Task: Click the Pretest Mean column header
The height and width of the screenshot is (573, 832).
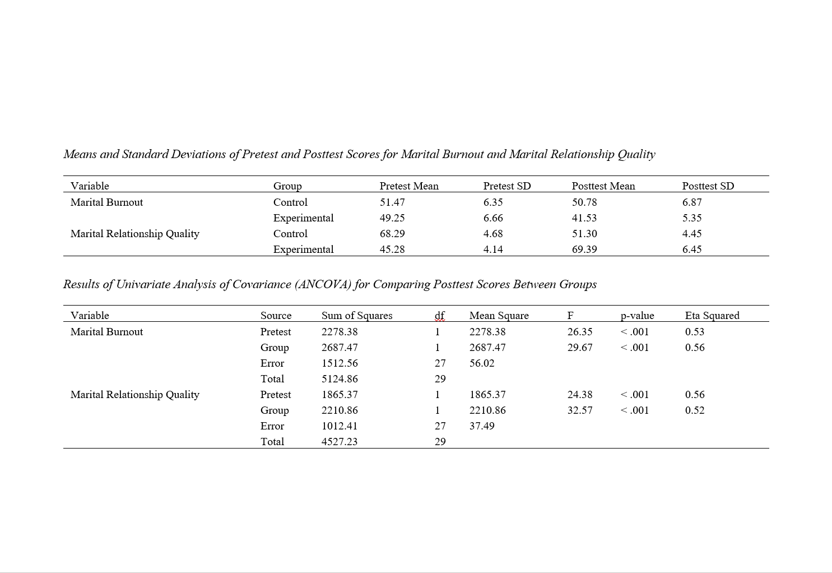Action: tap(409, 186)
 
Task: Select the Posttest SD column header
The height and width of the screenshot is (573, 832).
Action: tap(708, 186)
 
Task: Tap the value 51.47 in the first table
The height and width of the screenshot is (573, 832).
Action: tap(392, 202)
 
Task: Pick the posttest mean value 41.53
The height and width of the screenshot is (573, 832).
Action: tap(584, 218)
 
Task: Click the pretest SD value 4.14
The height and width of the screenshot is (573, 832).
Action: tap(493, 249)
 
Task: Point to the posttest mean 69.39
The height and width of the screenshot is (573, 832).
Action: tap(584, 249)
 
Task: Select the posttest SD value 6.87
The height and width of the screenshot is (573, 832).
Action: tap(692, 202)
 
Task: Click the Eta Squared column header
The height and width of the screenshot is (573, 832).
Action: tap(712, 316)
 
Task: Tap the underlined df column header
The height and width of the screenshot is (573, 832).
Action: tap(440, 316)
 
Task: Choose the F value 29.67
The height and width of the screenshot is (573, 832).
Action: tap(580, 348)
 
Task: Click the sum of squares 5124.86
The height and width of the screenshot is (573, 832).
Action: tap(340, 379)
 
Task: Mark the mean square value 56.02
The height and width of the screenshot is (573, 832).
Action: tap(482, 363)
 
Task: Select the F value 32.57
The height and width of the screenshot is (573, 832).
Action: tap(580, 410)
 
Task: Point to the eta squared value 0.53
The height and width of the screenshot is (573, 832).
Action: tap(695, 332)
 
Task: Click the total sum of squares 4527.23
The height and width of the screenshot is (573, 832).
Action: tap(340, 442)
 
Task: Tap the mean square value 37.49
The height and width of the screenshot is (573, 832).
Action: tap(482, 426)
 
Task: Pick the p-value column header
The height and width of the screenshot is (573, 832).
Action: tap(637, 316)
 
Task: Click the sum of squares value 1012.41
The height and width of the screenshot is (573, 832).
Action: tap(340, 426)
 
